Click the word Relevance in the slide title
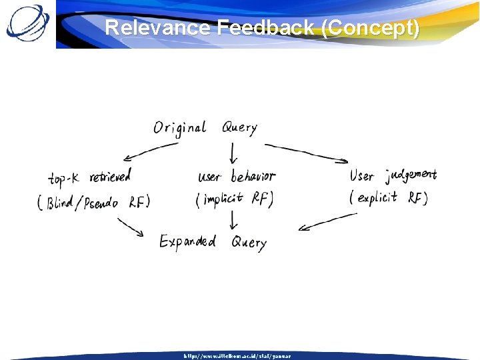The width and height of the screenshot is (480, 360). point(158,29)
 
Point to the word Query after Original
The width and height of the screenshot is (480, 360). point(239,127)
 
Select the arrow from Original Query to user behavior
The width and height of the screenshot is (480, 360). point(233,154)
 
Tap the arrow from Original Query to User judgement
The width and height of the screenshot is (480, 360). point(307,152)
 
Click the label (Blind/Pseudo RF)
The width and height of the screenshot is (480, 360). point(94,203)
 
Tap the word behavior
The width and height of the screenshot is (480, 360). point(253,177)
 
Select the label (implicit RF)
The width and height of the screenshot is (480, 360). point(235,199)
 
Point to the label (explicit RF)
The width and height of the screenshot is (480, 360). point(389,197)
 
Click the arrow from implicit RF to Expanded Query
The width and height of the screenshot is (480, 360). point(233,221)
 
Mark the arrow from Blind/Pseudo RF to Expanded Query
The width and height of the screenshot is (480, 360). point(131,227)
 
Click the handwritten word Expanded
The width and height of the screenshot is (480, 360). point(187,241)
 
